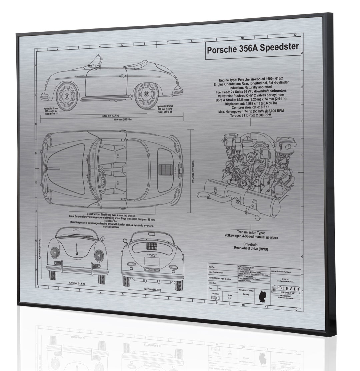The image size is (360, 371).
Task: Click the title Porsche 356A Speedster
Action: pos(253,49)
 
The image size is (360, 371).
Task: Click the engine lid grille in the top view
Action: pos(165,169)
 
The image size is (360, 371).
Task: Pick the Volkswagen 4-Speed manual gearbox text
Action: pos(251,238)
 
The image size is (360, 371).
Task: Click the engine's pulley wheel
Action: pos(245,182)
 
